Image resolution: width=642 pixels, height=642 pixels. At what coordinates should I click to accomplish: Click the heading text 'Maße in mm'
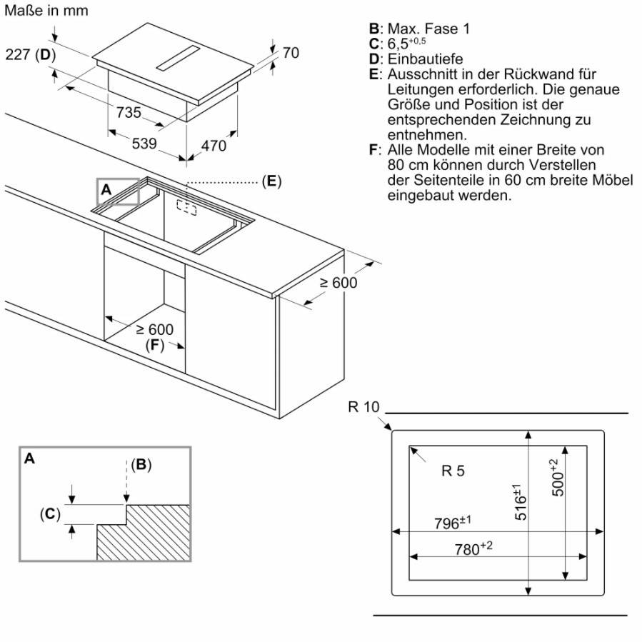point(46,11)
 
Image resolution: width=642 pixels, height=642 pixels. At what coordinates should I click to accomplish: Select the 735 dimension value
point(129,112)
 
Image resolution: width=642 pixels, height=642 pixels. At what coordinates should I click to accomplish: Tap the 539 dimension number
point(144,144)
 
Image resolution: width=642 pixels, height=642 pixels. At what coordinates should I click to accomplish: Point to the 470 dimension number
point(214,146)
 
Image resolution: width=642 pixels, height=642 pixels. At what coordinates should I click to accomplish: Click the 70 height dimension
point(291,53)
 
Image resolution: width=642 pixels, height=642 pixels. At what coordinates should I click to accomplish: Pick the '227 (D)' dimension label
point(31,54)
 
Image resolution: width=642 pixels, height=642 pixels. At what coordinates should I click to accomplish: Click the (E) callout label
point(272,181)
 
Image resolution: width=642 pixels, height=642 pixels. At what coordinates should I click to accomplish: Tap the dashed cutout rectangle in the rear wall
point(186,207)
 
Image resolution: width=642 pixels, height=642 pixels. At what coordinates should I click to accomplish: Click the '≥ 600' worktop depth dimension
point(338,283)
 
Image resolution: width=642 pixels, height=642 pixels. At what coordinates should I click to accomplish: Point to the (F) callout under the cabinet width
point(155,345)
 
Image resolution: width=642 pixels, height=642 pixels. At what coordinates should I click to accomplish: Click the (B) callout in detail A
point(141,465)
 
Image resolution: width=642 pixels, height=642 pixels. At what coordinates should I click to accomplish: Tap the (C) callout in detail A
point(50,513)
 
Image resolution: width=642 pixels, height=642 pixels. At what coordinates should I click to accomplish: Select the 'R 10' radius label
point(364,407)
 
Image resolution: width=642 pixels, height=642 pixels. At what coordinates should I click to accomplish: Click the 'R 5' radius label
point(453,471)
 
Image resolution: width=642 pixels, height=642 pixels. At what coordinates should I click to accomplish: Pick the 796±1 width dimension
point(453,523)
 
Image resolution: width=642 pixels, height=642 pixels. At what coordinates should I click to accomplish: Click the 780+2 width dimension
point(473,548)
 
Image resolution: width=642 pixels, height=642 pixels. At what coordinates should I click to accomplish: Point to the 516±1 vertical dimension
point(519,502)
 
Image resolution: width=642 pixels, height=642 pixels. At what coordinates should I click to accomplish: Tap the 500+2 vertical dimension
point(557,478)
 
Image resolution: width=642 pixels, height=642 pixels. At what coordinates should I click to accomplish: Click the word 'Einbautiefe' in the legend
point(426,59)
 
